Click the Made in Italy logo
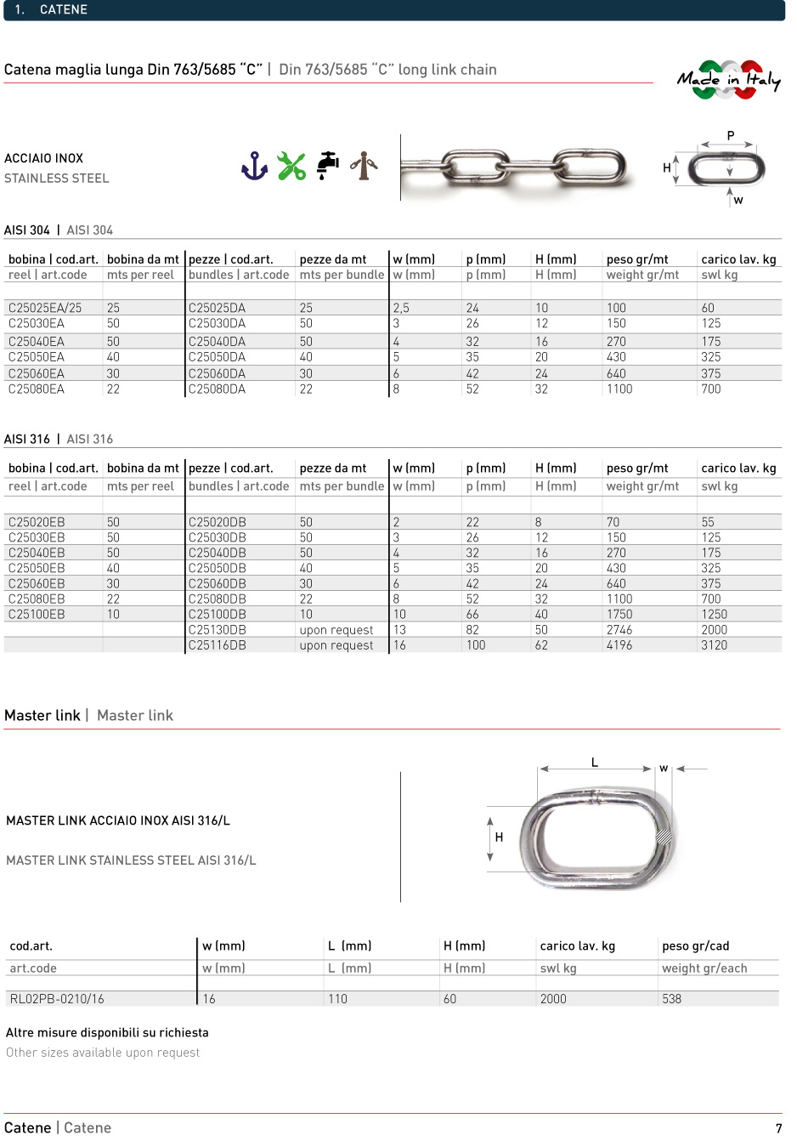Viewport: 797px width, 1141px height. pyautogui.click(x=728, y=80)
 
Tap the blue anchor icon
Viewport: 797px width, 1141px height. pyautogui.click(x=254, y=166)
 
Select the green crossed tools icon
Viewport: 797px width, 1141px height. pyautogui.click(x=291, y=166)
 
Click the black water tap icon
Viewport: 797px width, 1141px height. pyautogui.click(x=328, y=165)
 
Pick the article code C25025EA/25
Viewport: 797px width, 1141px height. pyautogui.click(x=45, y=308)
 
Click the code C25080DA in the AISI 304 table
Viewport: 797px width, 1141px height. pyautogui.click(x=217, y=389)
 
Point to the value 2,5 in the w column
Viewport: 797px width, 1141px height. pyautogui.click(x=401, y=308)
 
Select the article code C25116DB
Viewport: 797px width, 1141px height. pyautogui.click(x=217, y=645)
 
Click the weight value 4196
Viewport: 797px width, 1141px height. pyautogui.click(x=619, y=645)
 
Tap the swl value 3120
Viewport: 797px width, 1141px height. pyautogui.click(x=714, y=645)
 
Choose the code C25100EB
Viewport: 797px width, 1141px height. pyautogui.click(x=37, y=615)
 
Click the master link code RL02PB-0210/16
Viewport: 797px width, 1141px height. pyautogui.click(x=57, y=999)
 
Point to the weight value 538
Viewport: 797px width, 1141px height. pyautogui.click(x=671, y=999)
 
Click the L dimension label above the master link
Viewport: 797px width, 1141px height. pyautogui.click(x=595, y=763)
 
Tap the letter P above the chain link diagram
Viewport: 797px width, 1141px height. pyautogui.click(x=730, y=136)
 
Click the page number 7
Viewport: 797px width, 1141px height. pyautogui.click(x=778, y=1128)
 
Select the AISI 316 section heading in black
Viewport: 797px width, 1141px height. pyautogui.click(x=27, y=440)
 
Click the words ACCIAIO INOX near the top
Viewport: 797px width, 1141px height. pyautogui.click(x=44, y=158)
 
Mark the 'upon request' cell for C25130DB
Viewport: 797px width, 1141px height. pyautogui.click(x=336, y=630)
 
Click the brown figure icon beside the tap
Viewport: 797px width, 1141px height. pyautogui.click(x=364, y=166)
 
